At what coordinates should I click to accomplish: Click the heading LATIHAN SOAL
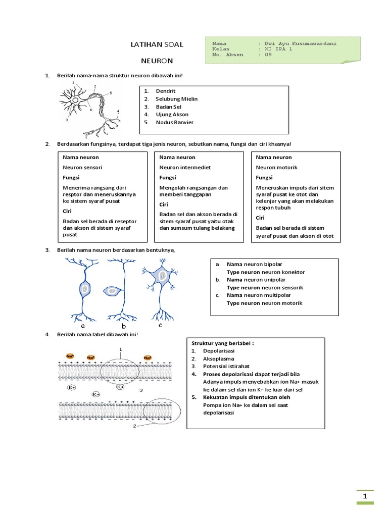coord(157,45)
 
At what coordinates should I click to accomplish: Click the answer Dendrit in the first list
coord(166,91)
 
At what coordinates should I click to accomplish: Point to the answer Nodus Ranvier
coord(174,122)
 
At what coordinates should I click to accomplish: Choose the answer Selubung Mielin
coord(176,99)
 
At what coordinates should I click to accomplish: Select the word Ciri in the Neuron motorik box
coord(260,218)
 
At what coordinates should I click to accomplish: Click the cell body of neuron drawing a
coord(84,289)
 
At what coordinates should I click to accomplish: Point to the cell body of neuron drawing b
coord(111,291)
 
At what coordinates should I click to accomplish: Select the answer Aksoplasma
coord(218,358)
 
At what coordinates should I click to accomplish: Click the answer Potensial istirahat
coord(226,366)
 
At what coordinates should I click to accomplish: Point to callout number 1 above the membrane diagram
coord(120,349)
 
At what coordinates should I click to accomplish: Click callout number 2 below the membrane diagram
coord(134,426)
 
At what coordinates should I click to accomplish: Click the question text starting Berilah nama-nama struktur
coord(120,76)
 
